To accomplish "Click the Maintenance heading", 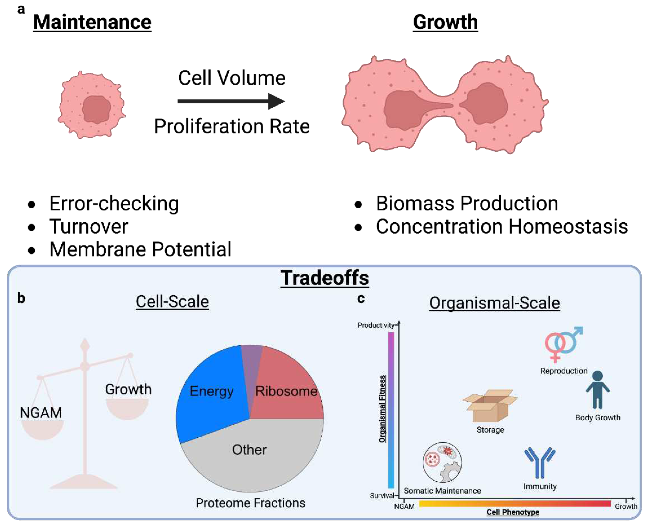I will tap(92, 22).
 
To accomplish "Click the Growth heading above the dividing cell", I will tap(445, 22).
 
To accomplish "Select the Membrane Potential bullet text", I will tap(140, 249).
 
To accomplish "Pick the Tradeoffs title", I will tap(325, 278).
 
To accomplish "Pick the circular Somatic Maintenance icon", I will tap(442, 463).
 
